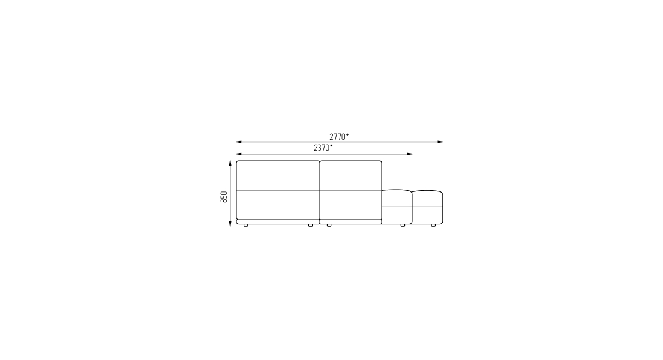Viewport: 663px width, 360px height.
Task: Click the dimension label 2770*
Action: pyautogui.click(x=339, y=137)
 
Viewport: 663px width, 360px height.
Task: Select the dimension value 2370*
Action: pyautogui.click(x=323, y=148)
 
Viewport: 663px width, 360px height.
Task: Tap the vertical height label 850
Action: pyautogui.click(x=224, y=197)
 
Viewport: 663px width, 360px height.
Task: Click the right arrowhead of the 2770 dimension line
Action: pyautogui.click(x=441, y=142)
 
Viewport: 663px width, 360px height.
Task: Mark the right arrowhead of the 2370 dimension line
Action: pyautogui.click(x=410, y=154)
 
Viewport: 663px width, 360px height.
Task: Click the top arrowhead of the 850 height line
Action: pyautogui.click(x=230, y=163)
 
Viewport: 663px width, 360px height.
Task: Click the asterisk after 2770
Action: pyautogui.click(x=347, y=135)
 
